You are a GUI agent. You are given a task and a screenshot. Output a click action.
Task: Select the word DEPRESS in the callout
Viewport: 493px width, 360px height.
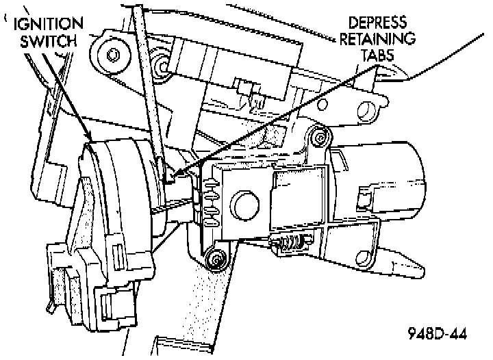pyautogui.click(x=375, y=23)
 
